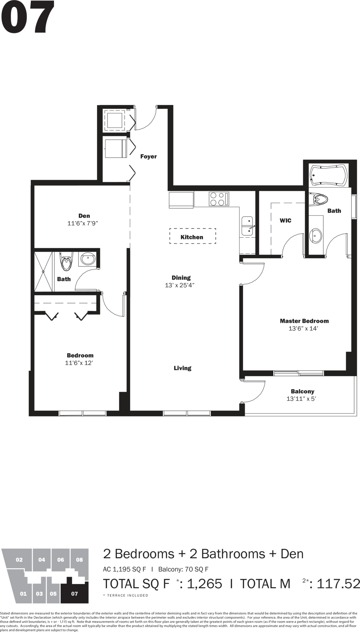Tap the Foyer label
tap(149, 157)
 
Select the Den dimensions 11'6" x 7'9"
tap(83, 223)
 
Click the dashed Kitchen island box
tap(193, 236)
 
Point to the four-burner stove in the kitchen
tap(219, 199)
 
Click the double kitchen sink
tap(247, 226)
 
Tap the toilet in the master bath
tap(321, 199)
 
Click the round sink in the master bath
tap(316, 236)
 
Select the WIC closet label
tap(285, 221)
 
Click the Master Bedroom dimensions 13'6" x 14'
tap(303, 328)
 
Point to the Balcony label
tap(302, 391)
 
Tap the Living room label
tap(182, 368)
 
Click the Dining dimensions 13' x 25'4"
tap(180, 285)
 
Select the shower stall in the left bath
tap(43, 272)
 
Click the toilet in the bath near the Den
tap(66, 261)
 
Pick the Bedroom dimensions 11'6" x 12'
tap(79, 363)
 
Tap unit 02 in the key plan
tap(19, 560)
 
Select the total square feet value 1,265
tap(204, 584)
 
